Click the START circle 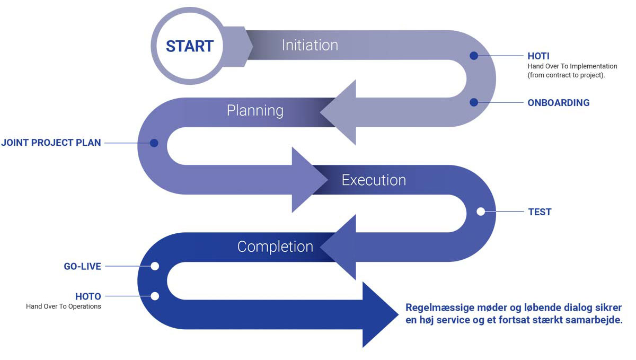point(189,46)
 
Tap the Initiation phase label point(310,45)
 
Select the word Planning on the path point(255,110)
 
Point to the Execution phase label point(374,180)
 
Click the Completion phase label point(275,247)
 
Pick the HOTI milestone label point(538,56)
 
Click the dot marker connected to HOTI point(474,55)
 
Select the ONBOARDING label point(558,103)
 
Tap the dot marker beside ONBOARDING point(474,102)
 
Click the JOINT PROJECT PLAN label point(51,143)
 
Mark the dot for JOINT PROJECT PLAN point(154,143)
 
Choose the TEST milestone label point(540,212)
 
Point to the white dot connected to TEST point(481,212)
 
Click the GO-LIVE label point(82,267)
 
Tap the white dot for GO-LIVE point(155,266)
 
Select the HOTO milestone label point(88,296)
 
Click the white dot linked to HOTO point(155,296)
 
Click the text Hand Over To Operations point(63,306)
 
